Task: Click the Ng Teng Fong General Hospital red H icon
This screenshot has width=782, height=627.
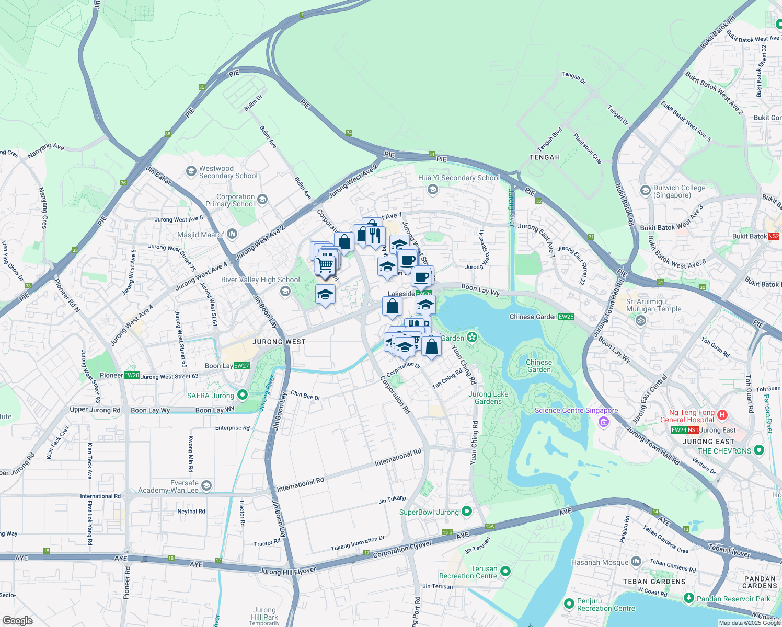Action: pos(722,415)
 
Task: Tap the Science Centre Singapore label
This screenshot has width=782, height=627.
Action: pos(576,411)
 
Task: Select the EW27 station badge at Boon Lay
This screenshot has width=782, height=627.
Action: pos(241,366)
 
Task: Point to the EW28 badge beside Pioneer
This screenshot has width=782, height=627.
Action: pos(132,375)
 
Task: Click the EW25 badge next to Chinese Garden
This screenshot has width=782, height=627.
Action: pos(566,317)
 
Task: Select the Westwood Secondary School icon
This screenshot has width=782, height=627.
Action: pos(191,171)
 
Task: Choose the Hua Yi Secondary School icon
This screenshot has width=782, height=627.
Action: pos(432,189)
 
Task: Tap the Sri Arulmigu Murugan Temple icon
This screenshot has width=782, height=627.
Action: pos(641,320)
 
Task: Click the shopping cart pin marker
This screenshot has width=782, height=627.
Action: pos(325,265)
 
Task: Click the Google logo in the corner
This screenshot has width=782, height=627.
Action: pos(17,621)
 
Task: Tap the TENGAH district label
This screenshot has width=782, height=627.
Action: pos(544,157)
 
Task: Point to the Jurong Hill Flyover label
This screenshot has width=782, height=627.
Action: pos(287,571)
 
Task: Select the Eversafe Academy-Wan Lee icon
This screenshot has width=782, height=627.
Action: pos(206,486)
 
